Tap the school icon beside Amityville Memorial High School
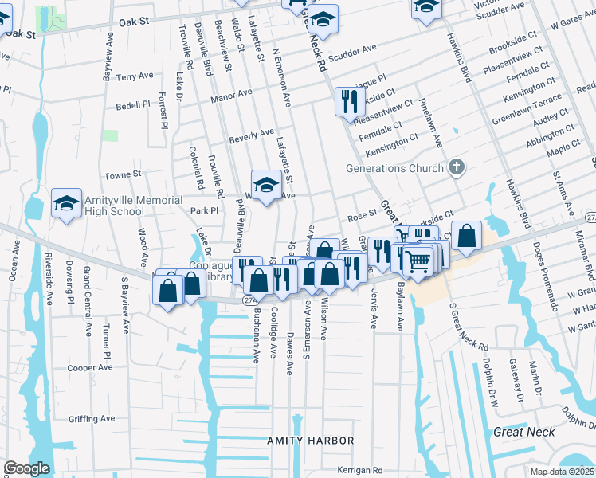tap(66, 202)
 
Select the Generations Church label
tap(394, 168)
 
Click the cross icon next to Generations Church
tap(455, 167)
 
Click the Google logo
tap(25, 468)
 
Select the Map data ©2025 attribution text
tap(563, 472)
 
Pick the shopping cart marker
tap(418, 259)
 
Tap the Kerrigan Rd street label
tap(359, 470)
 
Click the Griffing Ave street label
tap(92, 418)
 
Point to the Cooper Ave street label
tap(89, 368)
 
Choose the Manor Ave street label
tap(231, 96)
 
